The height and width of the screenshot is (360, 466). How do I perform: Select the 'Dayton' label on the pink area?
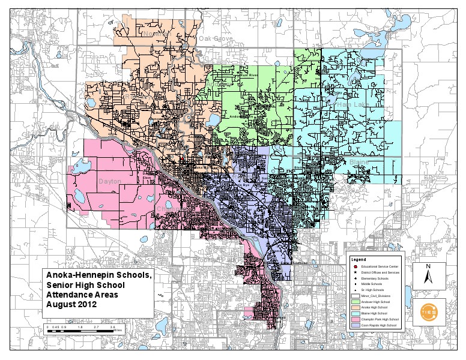point(110,181)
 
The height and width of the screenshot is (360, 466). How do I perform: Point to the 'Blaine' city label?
point(359,163)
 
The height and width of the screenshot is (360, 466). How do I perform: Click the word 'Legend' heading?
point(358,259)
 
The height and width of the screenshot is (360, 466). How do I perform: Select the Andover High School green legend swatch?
point(356,302)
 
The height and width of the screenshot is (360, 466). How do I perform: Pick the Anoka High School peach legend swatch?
point(356,308)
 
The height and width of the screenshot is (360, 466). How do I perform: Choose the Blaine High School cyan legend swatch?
point(356,314)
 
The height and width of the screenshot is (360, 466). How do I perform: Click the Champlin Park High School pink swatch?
point(356,320)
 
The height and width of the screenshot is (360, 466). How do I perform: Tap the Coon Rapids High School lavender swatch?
point(356,326)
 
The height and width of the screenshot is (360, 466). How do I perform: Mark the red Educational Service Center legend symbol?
point(356,265)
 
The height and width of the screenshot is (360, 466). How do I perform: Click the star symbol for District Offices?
point(356,272)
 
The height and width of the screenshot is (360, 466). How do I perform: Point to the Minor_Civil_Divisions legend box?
point(356,296)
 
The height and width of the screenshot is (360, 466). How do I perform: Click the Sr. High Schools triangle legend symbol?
point(356,290)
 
